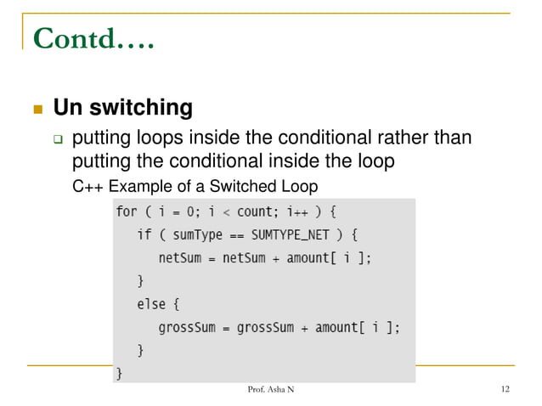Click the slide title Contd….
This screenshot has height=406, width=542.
click(x=92, y=37)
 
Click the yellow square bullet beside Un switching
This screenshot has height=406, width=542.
click(x=37, y=110)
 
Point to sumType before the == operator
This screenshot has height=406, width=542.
click(x=191, y=234)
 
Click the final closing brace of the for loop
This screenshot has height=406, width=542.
click(x=119, y=372)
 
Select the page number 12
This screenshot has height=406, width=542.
click(x=505, y=390)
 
